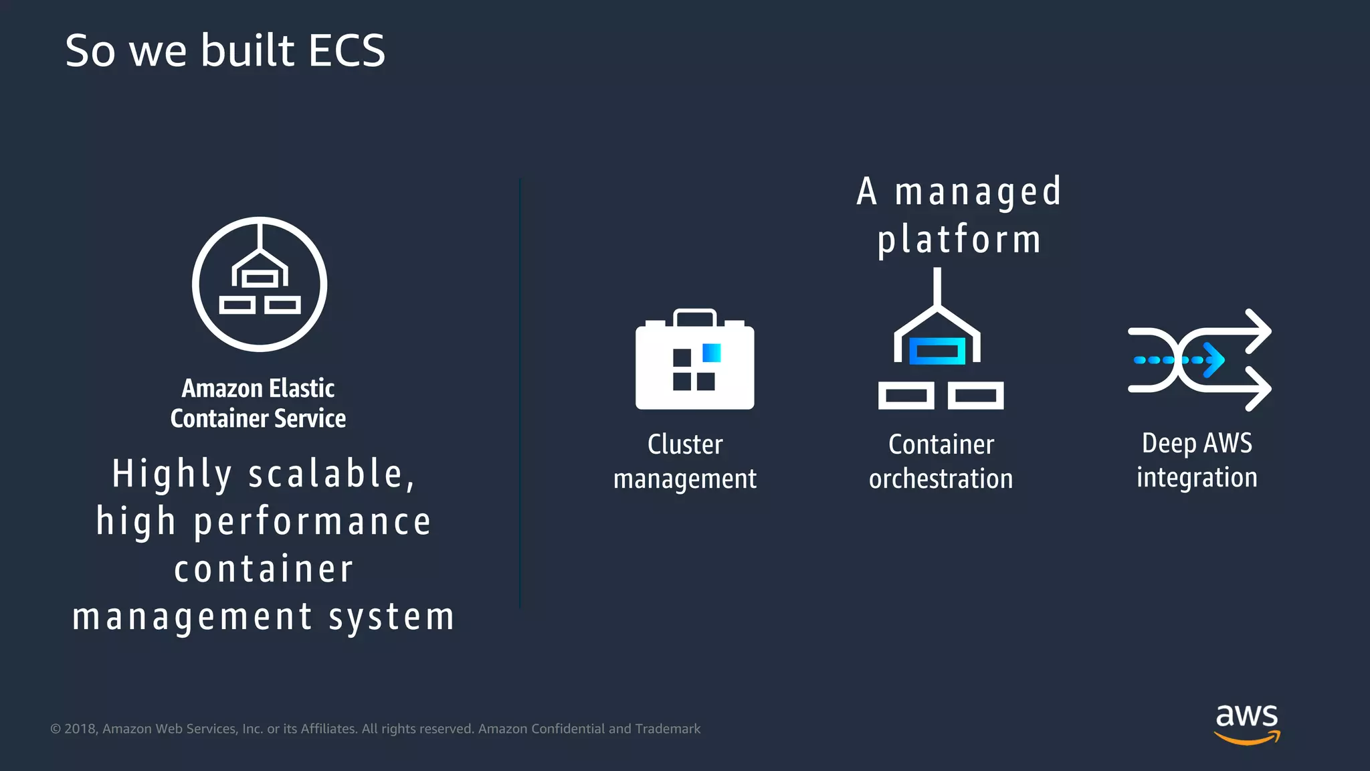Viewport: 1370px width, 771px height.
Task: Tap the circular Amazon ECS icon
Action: click(260, 284)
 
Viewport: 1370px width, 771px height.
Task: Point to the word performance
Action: click(312, 522)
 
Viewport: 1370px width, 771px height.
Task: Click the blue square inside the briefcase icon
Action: click(712, 353)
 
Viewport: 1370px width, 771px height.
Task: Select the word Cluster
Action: click(685, 445)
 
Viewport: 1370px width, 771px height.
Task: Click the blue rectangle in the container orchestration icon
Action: click(937, 351)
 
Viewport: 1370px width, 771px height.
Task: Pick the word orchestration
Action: click(941, 479)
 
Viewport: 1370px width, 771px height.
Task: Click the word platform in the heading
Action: click(959, 240)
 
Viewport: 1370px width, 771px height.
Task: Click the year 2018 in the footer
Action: click(80, 729)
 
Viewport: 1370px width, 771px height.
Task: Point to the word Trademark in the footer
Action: click(668, 729)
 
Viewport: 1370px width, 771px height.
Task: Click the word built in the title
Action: click(248, 51)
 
